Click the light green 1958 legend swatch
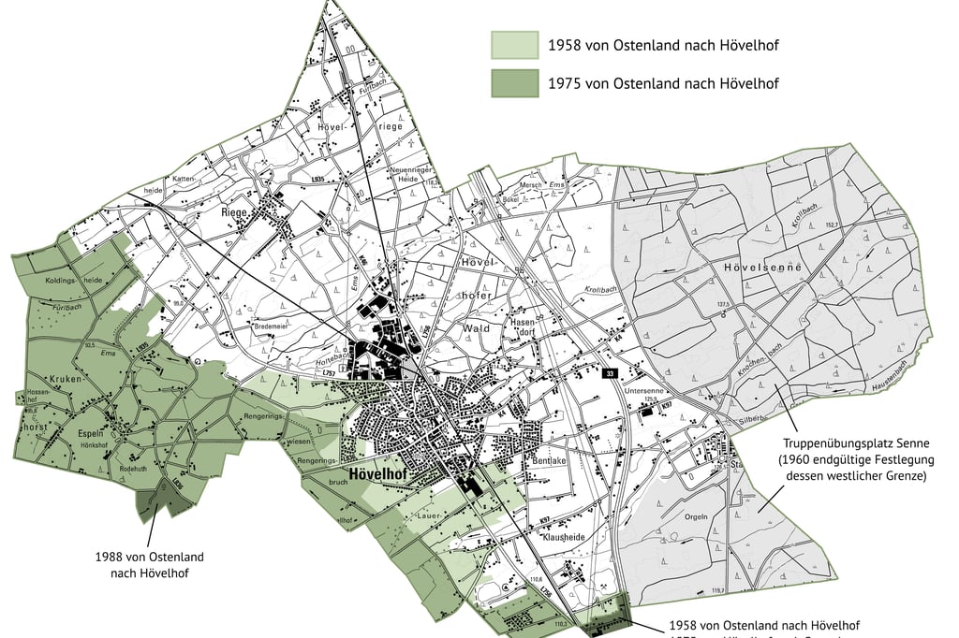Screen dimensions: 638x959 (x=515, y=45)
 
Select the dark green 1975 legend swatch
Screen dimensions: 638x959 (x=515, y=83)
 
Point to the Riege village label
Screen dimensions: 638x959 (x=232, y=212)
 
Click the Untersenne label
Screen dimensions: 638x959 (x=648, y=392)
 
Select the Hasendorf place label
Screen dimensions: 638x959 (x=522, y=327)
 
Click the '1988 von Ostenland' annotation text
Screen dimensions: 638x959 (x=149, y=557)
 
